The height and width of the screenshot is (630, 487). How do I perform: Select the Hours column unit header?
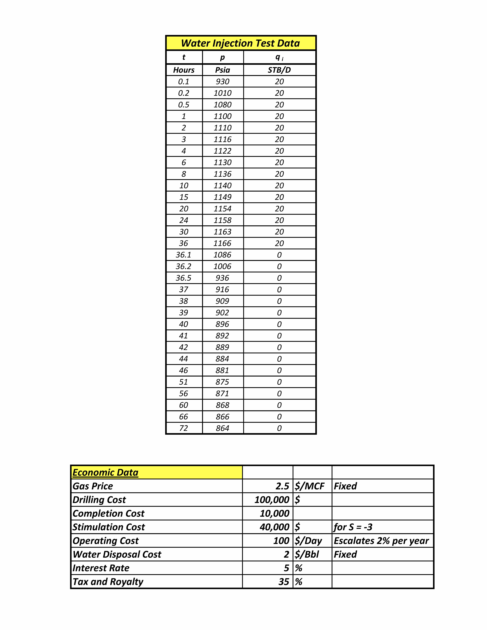[184, 70]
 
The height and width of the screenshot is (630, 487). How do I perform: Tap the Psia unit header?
[222, 70]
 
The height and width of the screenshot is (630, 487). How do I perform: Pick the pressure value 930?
[222, 82]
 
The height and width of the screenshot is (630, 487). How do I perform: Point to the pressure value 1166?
[222, 243]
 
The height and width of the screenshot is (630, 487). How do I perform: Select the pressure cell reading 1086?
[222, 255]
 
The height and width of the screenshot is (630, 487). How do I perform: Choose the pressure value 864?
[222, 428]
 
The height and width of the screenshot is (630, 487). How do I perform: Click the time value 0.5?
[184, 105]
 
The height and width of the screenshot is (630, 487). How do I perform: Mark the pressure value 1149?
[222, 197]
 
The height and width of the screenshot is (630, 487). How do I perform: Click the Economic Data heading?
[105, 472]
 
